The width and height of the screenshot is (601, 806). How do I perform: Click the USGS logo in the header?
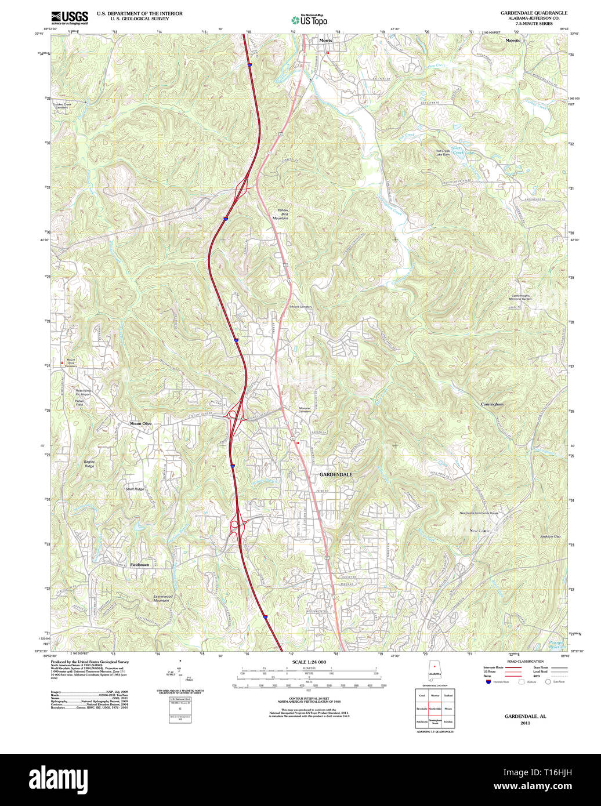pos(70,17)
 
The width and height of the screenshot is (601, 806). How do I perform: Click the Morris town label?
pos(325,41)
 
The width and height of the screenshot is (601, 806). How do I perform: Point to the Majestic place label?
pos(513,41)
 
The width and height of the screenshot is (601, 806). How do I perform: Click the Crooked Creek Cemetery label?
pos(61,106)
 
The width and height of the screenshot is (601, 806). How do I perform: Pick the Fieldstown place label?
pos(139,564)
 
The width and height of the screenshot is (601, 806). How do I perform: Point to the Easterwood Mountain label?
pos(162,598)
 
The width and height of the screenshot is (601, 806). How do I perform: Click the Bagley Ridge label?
pos(89,464)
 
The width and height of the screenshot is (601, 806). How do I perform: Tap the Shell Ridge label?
pos(135,489)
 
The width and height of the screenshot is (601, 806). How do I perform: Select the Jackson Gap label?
pos(551,536)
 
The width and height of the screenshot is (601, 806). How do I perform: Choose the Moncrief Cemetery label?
pos(305,409)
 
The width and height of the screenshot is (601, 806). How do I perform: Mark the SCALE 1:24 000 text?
pos(309,662)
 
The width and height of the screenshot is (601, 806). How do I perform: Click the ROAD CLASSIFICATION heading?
pos(526,662)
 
